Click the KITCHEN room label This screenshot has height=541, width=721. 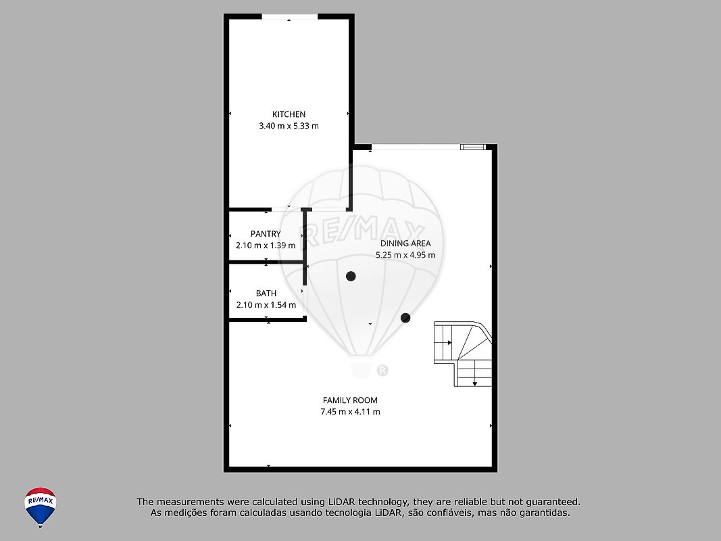click(x=289, y=114)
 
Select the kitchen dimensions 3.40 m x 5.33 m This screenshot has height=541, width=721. click(x=289, y=126)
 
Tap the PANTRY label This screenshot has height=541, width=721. click(x=266, y=234)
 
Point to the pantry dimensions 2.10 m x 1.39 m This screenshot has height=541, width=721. click(x=266, y=245)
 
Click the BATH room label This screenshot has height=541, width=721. click(x=266, y=293)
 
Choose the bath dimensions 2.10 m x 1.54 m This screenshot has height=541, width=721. click(x=266, y=304)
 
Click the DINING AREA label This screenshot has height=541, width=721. click(x=405, y=243)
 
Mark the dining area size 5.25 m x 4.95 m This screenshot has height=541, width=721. click(x=405, y=255)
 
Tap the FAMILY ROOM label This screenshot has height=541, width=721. click(x=351, y=400)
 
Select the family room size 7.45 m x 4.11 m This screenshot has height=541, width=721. click(x=351, y=412)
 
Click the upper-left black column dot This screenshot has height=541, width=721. click(x=351, y=276)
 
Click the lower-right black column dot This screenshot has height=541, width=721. click(x=405, y=317)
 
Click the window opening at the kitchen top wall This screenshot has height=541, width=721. click(x=290, y=16)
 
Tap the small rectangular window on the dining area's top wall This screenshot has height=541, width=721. click(x=473, y=147)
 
